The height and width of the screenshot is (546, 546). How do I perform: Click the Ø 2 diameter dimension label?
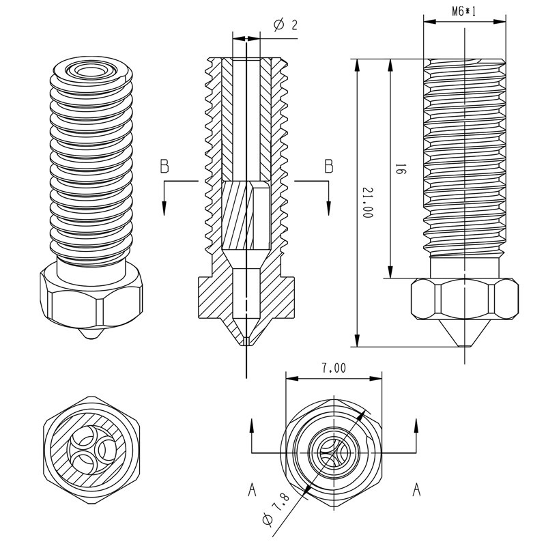pos(285,25)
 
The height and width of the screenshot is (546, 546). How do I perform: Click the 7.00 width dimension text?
pos(332,368)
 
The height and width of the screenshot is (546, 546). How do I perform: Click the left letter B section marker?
pos(164,166)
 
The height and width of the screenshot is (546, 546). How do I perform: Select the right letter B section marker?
pos(328,166)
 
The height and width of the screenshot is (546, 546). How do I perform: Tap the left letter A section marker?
pos(252,489)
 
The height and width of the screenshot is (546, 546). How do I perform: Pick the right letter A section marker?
pos(416,489)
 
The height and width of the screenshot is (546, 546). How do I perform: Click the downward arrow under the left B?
pos(164,205)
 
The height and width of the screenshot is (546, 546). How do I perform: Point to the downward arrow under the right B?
pos(328,205)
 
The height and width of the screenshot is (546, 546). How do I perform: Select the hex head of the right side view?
pos(463,299)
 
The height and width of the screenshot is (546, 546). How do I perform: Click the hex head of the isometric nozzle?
pos(91,300)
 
